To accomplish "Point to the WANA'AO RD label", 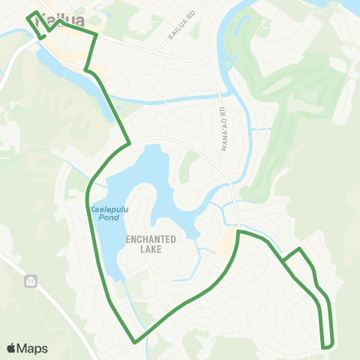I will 223,130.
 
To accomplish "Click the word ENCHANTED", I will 151,239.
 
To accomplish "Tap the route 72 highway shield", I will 31,281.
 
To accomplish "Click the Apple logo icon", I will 12,348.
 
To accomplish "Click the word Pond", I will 109,217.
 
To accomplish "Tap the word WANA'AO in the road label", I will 223,134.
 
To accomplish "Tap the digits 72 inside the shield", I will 31,282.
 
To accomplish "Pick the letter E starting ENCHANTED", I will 128,239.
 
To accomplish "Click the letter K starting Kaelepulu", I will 91,208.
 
